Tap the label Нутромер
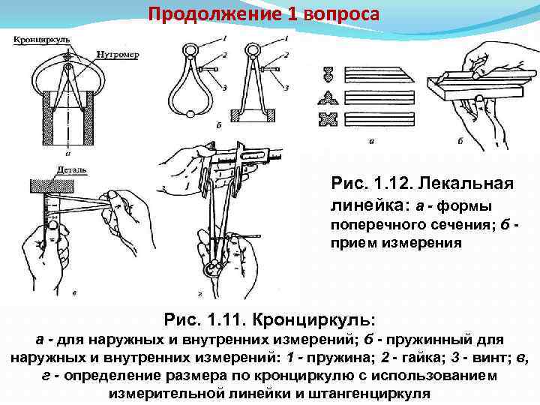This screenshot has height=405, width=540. pos(115,53)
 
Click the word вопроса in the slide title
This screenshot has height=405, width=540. pos(343,13)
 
